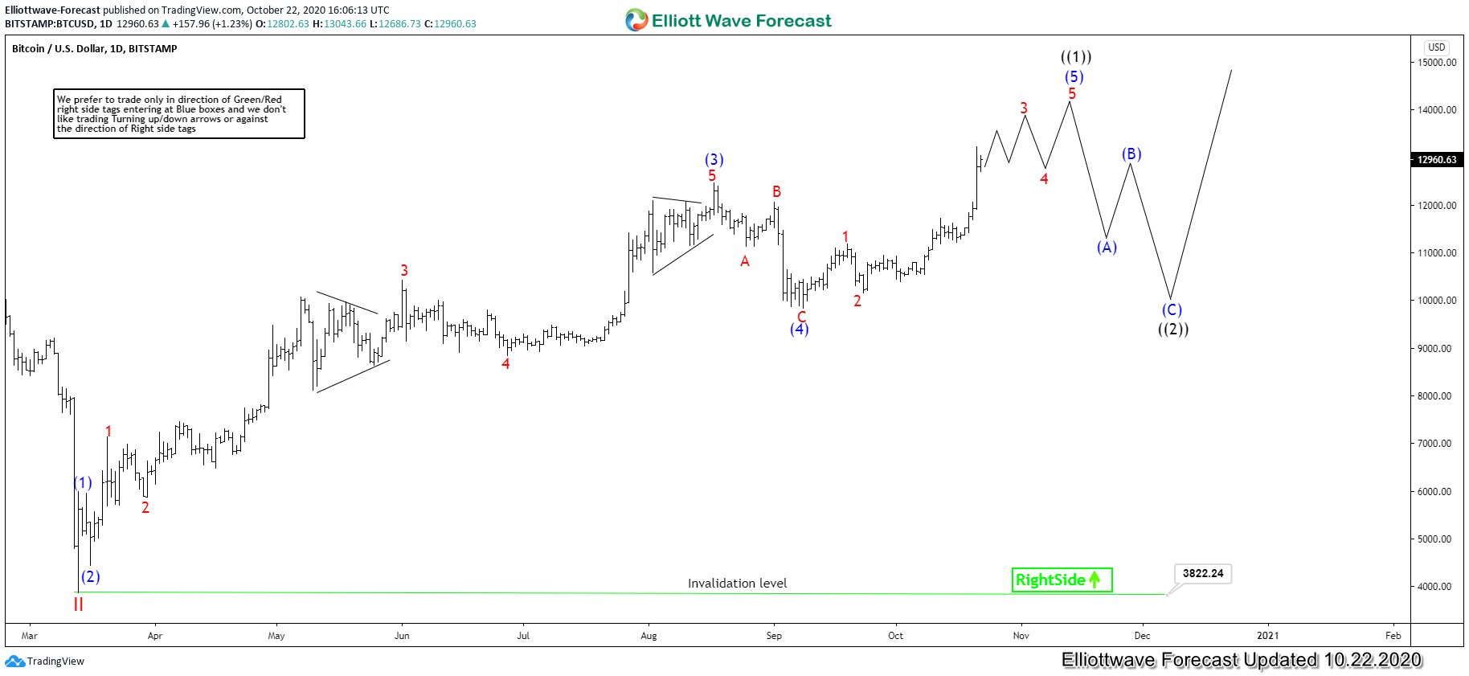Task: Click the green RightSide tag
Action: point(1062,580)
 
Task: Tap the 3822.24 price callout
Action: point(1202,573)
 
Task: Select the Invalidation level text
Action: point(737,584)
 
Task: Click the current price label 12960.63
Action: point(1436,159)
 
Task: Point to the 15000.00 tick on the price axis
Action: point(1436,62)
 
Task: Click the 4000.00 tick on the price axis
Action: point(1436,587)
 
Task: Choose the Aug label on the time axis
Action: point(649,636)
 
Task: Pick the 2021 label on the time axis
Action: point(1267,636)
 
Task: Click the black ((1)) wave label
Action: point(1075,57)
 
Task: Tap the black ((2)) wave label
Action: point(1172,329)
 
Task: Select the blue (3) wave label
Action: point(714,159)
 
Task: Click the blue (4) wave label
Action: point(799,329)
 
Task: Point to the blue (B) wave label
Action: point(1131,154)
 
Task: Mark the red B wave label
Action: point(776,191)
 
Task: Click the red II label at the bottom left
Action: point(78,604)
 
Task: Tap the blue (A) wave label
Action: point(1107,248)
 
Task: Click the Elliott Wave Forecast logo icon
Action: point(636,20)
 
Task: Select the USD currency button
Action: point(1436,47)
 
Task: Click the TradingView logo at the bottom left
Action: point(45,662)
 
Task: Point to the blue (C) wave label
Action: point(1172,309)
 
